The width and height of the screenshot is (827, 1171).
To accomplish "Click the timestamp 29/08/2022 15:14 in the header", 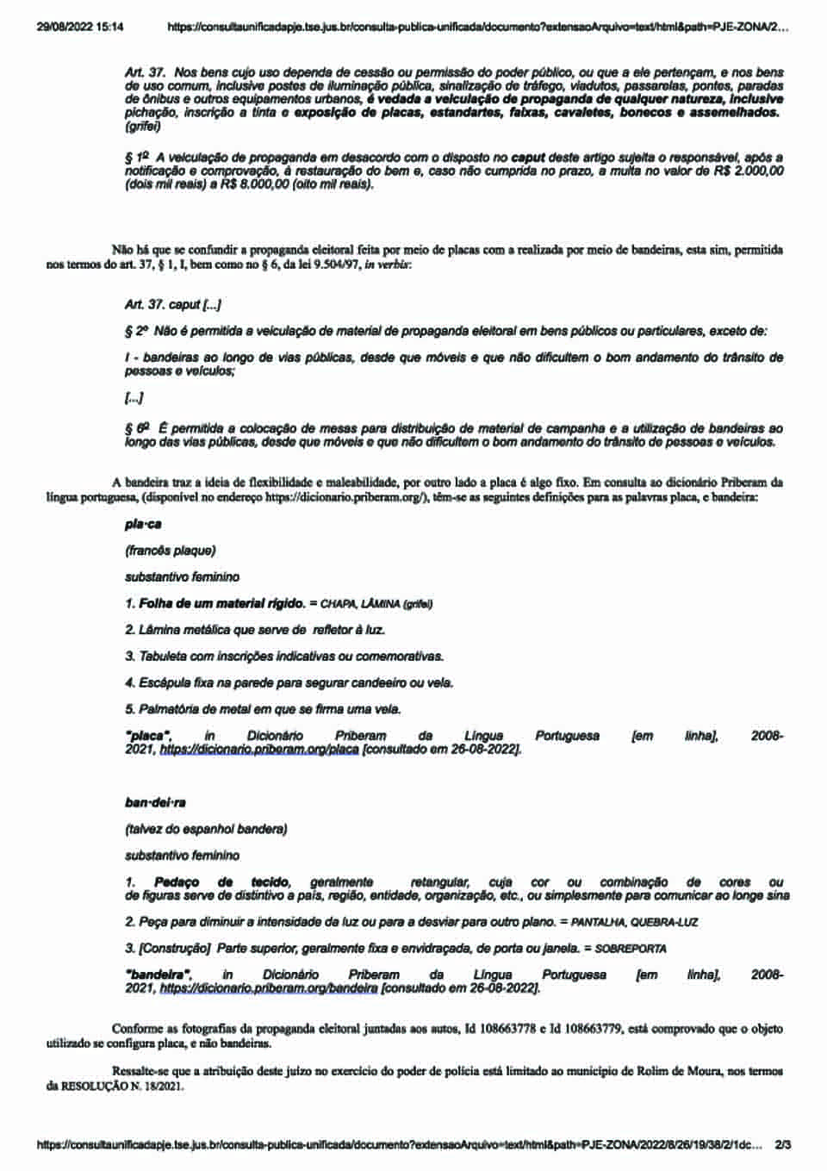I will [80, 28].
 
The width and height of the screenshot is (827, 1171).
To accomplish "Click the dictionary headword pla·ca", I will [143, 524].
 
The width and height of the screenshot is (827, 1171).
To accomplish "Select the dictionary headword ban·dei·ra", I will [155, 803].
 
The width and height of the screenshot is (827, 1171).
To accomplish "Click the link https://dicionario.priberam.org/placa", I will [259, 750].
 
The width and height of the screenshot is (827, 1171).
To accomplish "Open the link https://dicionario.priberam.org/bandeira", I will [269, 989].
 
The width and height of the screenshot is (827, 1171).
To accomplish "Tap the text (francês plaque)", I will [171, 550].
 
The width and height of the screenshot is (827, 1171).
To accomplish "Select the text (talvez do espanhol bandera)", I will [206, 829].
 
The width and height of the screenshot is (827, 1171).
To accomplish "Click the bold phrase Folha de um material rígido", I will [221, 603].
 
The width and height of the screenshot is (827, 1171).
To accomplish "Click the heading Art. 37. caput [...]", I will [173, 304].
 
